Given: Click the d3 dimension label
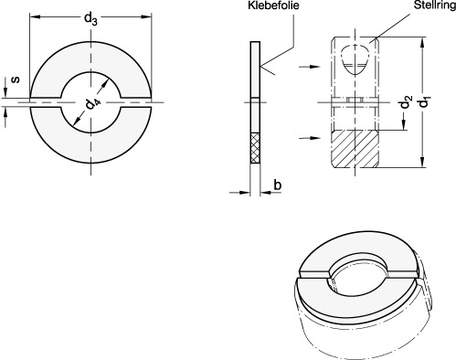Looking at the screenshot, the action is [90, 19].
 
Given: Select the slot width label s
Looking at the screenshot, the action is [16, 79].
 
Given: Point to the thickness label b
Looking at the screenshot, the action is [277, 185].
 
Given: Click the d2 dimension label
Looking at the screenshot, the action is [406, 101].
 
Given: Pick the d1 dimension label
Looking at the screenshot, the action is [424, 101].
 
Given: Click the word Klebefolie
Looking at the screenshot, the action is [273, 5].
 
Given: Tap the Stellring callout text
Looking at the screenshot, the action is [435, 5].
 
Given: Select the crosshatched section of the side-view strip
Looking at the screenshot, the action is [255, 148].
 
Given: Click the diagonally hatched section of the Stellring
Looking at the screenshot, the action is [355, 149].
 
